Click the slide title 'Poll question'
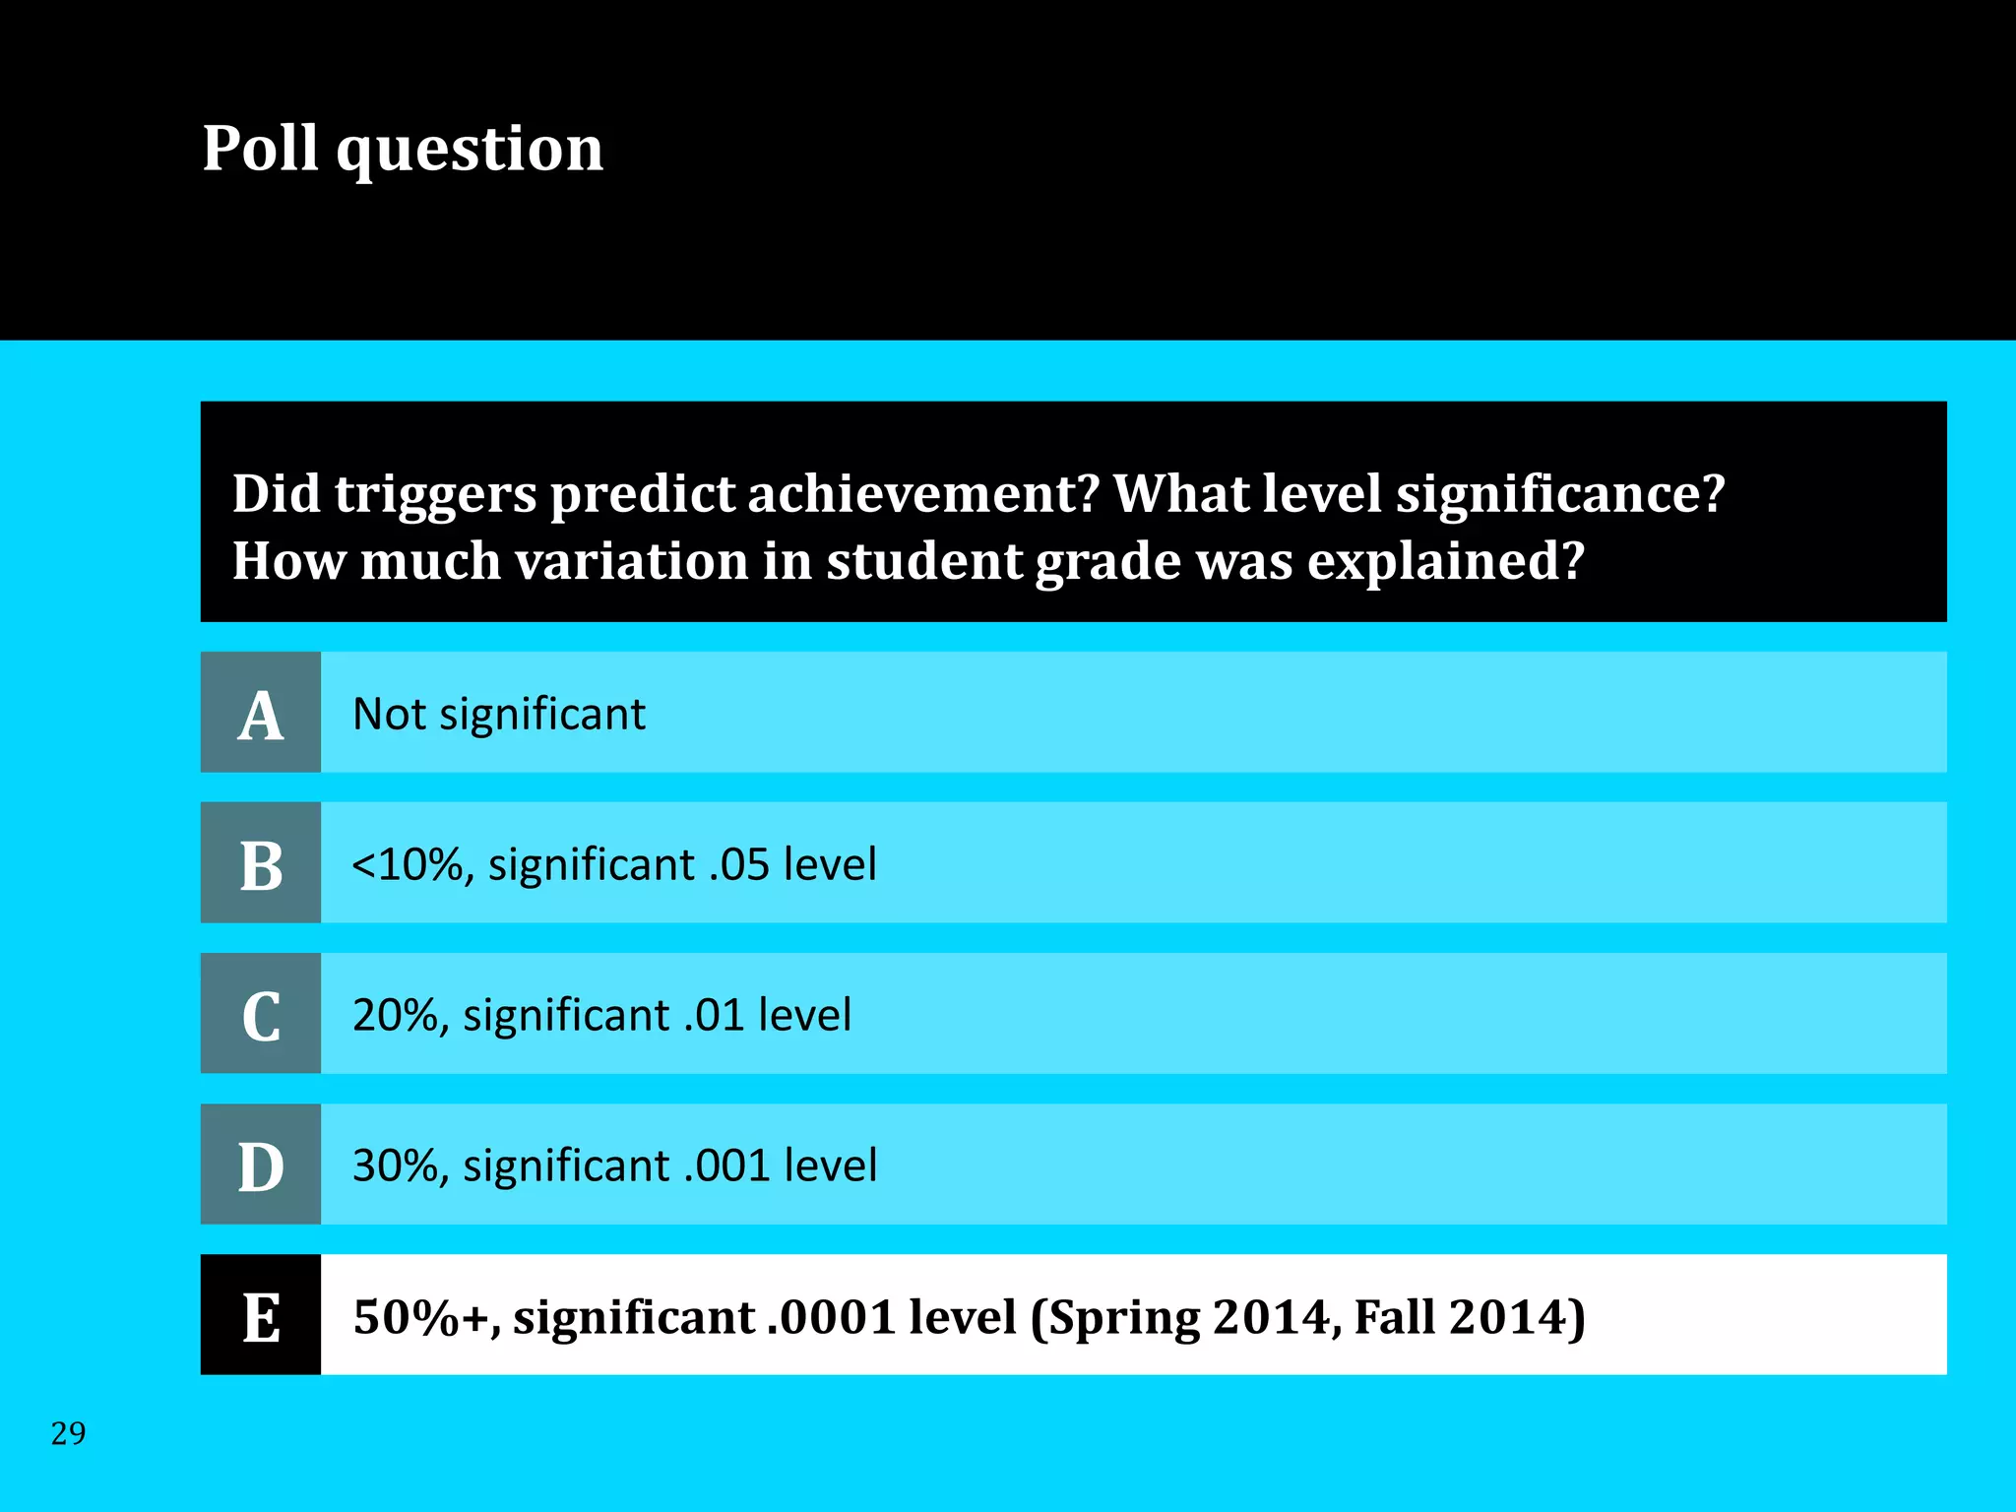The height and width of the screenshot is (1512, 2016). pos(403,150)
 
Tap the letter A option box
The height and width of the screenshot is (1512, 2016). pos(261,713)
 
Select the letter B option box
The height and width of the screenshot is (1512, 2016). pos(261,863)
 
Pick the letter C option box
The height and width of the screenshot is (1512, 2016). pos(261,1014)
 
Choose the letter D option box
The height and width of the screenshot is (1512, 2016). pos(261,1165)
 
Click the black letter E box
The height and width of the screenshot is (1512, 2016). pos(261,1315)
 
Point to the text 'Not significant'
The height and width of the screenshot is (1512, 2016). pos(499,715)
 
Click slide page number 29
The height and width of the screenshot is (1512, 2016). pos(68,1433)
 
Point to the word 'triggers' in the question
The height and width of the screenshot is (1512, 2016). pos(435,494)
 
